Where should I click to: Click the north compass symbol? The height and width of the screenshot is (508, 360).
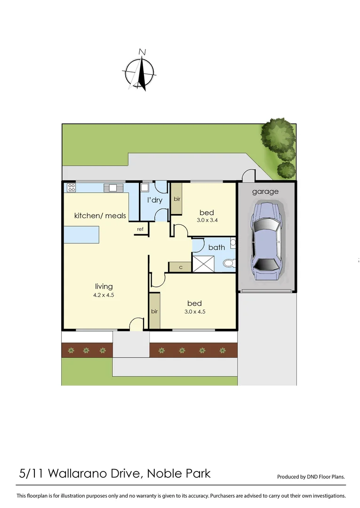pyautogui.click(x=140, y=71)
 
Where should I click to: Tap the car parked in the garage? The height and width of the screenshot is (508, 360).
pyautogui.click(x=266, y=241)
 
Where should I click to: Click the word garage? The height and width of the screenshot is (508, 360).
pyautogui.click(x=265, y=191)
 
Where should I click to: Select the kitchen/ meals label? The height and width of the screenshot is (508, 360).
pyautogui.click(x=100, y=215)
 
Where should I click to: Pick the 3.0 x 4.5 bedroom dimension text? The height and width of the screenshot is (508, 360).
pyautogui.click(x=194, y=311)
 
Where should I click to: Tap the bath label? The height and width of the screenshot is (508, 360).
pyautogui.click(x=216, y=247)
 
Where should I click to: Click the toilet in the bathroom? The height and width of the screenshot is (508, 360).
pyautogui.click(x=229, y=263)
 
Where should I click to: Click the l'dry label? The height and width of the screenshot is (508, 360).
pyautogui.click(x=155, y=200)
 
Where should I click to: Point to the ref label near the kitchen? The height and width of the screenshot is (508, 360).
pyautogui.click(x=140, y=229)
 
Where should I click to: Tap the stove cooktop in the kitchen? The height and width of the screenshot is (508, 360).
pyautogui.click(x=72, y=187)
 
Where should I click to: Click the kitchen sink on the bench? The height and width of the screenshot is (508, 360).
pyautogui.click(x=113, y=187)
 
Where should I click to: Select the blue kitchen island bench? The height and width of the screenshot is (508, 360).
pyautogui.click(x=82, y=234)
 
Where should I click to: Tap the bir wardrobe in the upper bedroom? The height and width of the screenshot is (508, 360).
pyautogui.click(x=177, y=199)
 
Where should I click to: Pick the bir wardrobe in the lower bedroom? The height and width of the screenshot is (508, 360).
pyautogui.click(x=154, y=311)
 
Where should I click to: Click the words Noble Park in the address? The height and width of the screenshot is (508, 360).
pyautogui.click(x=179, y=473)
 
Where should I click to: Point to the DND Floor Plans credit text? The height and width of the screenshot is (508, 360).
pyautogui.click(x=311, y=476)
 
